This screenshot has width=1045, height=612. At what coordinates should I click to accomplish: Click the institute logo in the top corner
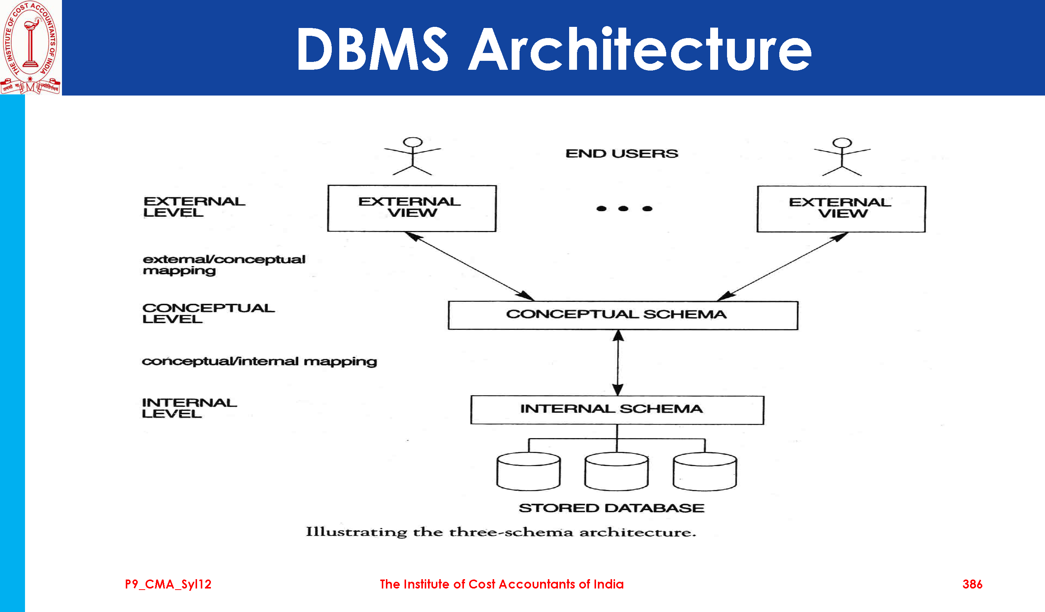[30, 47]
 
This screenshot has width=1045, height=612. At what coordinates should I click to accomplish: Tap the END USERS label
[622, 154]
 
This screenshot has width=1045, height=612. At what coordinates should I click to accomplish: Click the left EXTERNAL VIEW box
[412, 208]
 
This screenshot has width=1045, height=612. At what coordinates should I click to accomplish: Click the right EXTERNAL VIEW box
[841, 209]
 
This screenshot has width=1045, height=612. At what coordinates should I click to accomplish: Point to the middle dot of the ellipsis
[623, 209]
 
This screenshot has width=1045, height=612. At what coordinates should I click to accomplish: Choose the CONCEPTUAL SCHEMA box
[623, 315]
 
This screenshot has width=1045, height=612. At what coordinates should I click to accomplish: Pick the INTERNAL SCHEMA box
[617, 410]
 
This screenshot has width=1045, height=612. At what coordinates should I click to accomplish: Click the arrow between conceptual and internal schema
[618, 363]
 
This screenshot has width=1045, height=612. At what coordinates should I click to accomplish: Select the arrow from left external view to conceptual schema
[469, 266]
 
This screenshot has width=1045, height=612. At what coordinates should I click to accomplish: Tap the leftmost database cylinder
[529, 471]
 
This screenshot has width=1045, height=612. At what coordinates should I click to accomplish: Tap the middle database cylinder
[617, 471]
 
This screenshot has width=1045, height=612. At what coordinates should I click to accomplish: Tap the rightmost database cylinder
[705, 471]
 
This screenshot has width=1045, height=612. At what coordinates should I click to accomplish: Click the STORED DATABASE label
[612, 508]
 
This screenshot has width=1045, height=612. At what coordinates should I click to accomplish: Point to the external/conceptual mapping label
[224, 265]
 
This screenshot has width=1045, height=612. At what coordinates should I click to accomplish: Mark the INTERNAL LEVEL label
[189, 408]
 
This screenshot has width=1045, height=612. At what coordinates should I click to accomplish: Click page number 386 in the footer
[972, 584]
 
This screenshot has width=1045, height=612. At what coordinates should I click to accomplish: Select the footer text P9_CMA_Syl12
[168, 584]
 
